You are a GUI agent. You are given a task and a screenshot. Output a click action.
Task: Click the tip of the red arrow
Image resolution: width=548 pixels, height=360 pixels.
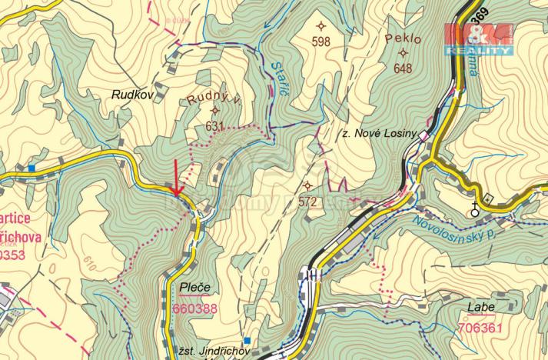point(176,194)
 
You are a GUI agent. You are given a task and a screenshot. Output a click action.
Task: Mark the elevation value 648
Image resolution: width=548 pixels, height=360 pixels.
point(403,68)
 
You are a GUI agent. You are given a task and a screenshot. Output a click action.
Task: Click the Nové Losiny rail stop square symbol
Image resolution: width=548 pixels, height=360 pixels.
point(422,134)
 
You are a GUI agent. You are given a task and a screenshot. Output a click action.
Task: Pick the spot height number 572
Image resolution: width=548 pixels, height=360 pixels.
point(308,202)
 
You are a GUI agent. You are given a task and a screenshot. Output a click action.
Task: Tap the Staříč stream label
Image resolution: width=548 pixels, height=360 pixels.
point(281,81)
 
